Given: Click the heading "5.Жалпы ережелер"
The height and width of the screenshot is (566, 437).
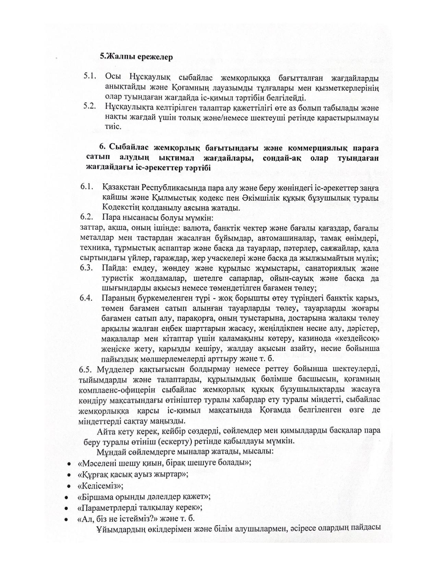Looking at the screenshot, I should [136, 57].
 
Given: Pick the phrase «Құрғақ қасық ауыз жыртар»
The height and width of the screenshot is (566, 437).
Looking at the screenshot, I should [133, 474].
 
